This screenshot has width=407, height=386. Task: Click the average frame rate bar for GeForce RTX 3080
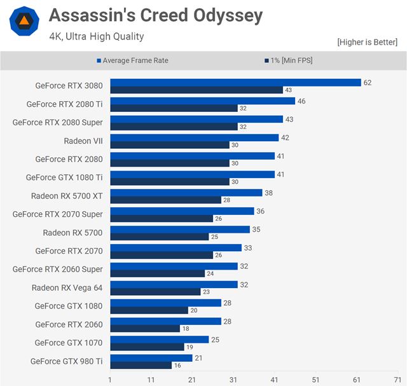235,83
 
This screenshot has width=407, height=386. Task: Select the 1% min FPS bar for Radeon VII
170,145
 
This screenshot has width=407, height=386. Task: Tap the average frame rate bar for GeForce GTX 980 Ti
151,358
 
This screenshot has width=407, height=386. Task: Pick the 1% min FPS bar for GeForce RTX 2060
145,329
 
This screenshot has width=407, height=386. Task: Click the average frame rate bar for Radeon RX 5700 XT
186,193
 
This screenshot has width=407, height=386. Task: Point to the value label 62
368,83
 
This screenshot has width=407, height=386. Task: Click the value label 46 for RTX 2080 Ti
301,101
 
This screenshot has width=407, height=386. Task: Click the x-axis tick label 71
397,380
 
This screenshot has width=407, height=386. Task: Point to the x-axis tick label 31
233,380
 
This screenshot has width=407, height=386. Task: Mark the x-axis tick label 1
110,380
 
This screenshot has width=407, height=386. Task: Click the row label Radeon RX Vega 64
67,288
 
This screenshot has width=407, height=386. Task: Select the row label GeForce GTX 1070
69,343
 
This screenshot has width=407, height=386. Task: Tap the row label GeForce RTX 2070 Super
57,214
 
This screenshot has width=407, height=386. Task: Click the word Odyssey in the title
223,16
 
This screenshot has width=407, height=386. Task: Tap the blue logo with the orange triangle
24,21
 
